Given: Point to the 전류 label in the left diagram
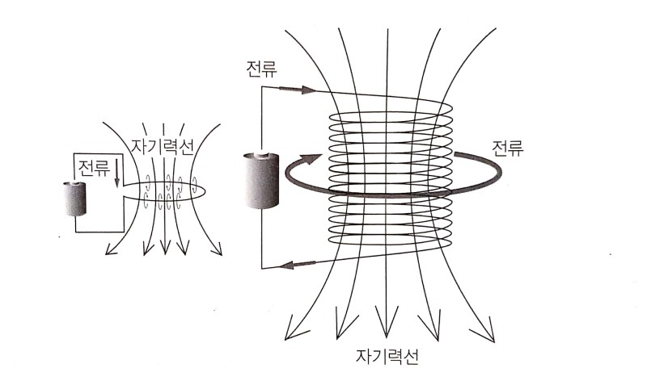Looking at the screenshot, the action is tap(93, 169).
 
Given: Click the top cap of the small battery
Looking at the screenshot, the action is tap(75, 185).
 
